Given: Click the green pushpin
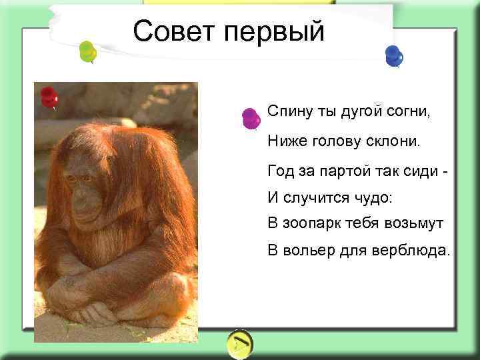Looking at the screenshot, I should pyautogui.click(x=87, y=51).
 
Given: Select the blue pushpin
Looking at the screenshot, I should pyautogui.click(x=393, y=55).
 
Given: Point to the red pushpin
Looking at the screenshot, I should pyautogui.click(x=49, y=97).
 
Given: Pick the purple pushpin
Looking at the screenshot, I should pyautogui.click(x=251, y=119).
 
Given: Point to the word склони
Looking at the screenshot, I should pyautogui.click(x=397, y=141).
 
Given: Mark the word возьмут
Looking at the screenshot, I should pyautogui.click(x=413, y=223).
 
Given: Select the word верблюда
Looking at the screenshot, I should pyautogui.click(x=417, y=251).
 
